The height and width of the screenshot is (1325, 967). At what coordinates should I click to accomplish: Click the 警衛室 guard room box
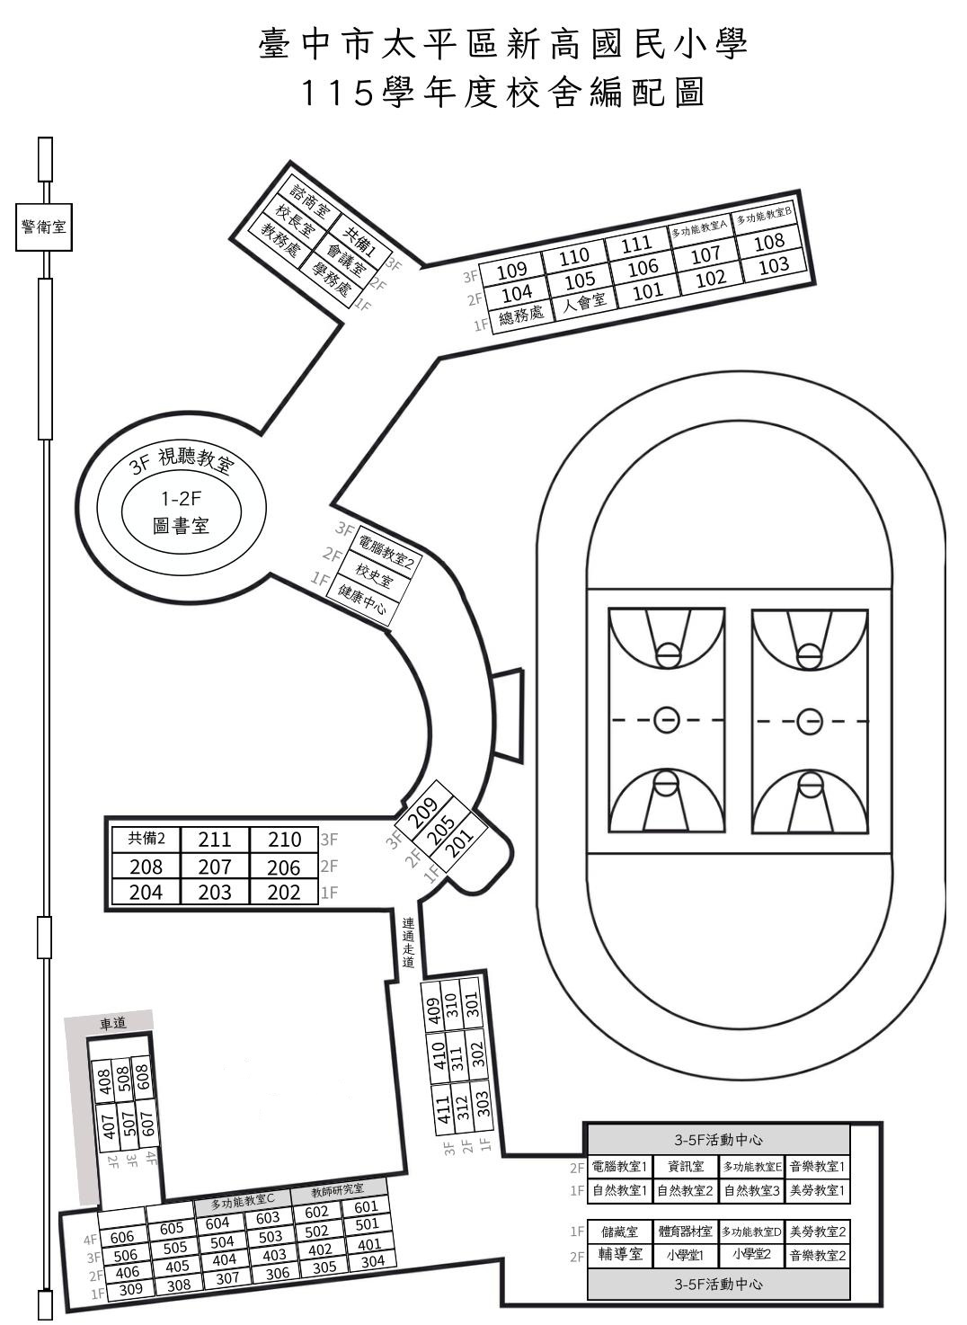coord(44,227)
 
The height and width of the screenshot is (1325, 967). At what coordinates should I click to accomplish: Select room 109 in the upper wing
coord(512,271)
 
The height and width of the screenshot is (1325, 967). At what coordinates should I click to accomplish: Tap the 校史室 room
coord(373,574)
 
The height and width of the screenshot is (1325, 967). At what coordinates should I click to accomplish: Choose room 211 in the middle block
coord(215,840)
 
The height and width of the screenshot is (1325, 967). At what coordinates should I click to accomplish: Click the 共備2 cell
coord(146,839)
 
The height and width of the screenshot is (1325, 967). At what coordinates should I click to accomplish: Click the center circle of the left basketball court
coord(667,720)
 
